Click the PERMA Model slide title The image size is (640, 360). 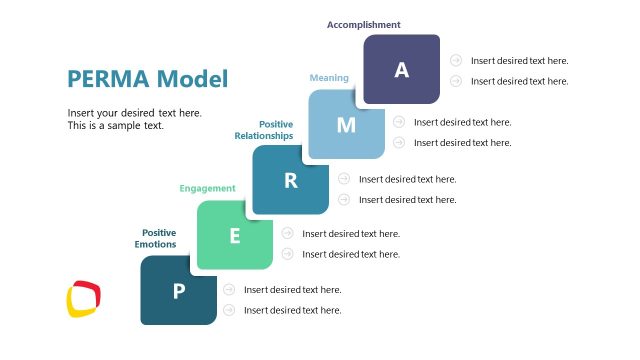[x=147, y=79]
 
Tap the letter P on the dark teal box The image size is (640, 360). [x=179, y=291]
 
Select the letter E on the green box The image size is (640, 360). [x=235, y=236]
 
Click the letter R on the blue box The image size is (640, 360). [x=291, y=180]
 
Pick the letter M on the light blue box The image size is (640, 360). [x=346, y=125]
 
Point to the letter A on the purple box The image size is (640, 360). [x=402, y=69]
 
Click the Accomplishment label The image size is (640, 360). [x=364, y=25]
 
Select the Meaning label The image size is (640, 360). [x=329, y=77]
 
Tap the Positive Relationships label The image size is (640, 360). [x=264, y=130]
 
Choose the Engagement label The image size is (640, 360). [x=207, y=188]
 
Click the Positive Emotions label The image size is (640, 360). [x=157, y=238]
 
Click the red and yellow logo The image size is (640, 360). [x=84, y=299]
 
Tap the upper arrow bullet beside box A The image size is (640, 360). [x=456, y=60]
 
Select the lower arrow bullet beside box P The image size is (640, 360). [x=229, y=310]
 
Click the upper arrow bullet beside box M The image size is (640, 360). [x=399, y=122]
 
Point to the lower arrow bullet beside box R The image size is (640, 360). [x=344, y=200]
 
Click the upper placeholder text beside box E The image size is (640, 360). [x=351, y=234]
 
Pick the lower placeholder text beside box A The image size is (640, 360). [x=519, y=81]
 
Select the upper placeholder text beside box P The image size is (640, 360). [x=293, y=290]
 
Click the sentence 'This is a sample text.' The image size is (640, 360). [x=115, y=126]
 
